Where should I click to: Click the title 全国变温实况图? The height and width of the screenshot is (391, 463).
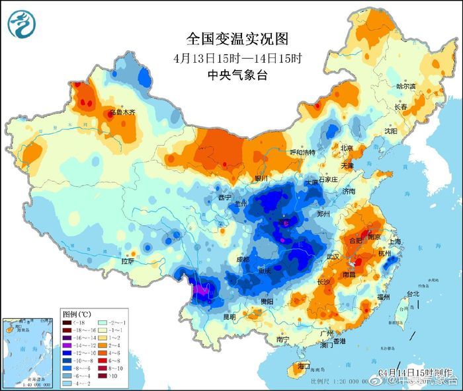[233, 40]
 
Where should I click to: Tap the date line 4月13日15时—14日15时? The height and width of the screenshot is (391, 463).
[233, 57]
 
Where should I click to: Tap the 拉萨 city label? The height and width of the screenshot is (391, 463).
[128, 262]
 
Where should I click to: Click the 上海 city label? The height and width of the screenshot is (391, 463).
[396, 242]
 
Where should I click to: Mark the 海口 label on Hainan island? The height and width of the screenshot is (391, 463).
[303, 365]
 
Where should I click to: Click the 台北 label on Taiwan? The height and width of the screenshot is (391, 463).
[412, 293]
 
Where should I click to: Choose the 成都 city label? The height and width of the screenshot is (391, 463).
[243, 260]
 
